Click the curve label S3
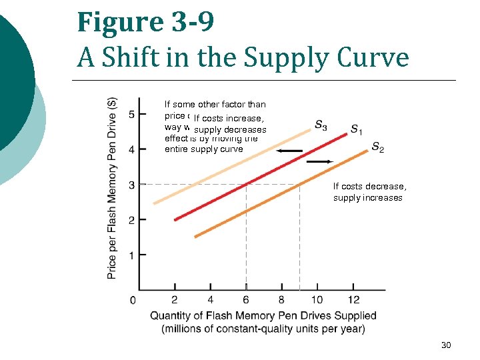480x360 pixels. [320, 125]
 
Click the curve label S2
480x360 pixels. [377, 147]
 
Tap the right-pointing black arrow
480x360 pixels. [320, 161]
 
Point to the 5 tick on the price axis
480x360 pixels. [132, 114]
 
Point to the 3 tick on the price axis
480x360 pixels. [132, 185]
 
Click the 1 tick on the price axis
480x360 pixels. [132, 255]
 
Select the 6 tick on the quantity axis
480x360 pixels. [246, 300]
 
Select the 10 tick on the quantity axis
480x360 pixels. [317, 300]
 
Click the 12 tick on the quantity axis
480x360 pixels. [354, 300]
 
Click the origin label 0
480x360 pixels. [133, 301]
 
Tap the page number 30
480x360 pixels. [446, 345]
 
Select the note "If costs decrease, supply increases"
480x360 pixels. [369, 192]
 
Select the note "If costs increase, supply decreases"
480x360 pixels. [229, 124]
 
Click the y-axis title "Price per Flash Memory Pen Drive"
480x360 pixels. [112, 188]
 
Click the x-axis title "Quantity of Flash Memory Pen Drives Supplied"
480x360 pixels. [263, 316]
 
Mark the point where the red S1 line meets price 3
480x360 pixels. [246, 184]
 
